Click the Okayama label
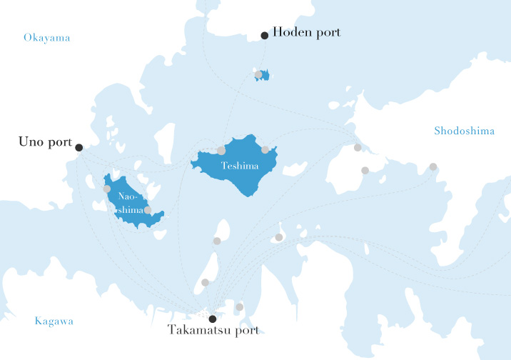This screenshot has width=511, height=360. click(x=46, y=37)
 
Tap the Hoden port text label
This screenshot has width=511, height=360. click(x=307, y=33)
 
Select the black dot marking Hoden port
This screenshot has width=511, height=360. click(x=264, y=35)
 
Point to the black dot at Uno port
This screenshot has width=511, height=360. click(x=79, y=147)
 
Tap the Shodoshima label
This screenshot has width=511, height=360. click(x=464, y=131)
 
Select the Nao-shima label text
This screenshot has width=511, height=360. click(x=129, y=203)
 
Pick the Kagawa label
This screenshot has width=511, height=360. click(x=54, y=321)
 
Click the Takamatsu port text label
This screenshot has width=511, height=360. click(x=213, y=330)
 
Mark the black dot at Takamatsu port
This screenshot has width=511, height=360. click(x=212, y=319)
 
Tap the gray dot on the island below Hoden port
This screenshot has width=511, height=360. click(x=258, y=74)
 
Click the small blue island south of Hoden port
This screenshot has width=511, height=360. click(x=265, y=75)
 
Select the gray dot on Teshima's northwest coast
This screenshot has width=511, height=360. click(x=221, y=150)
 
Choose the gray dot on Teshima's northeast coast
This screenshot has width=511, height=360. click(x=265, y=150)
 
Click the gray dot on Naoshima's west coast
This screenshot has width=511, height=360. click(x=107, y=189)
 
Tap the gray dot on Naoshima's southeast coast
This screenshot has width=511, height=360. click(x=148, y=210)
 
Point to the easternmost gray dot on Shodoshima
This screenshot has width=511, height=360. click(x=433, y=166)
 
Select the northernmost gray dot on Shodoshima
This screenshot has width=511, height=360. click(x=358, y=148)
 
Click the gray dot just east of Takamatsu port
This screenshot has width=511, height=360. click(x=239, y=307)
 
